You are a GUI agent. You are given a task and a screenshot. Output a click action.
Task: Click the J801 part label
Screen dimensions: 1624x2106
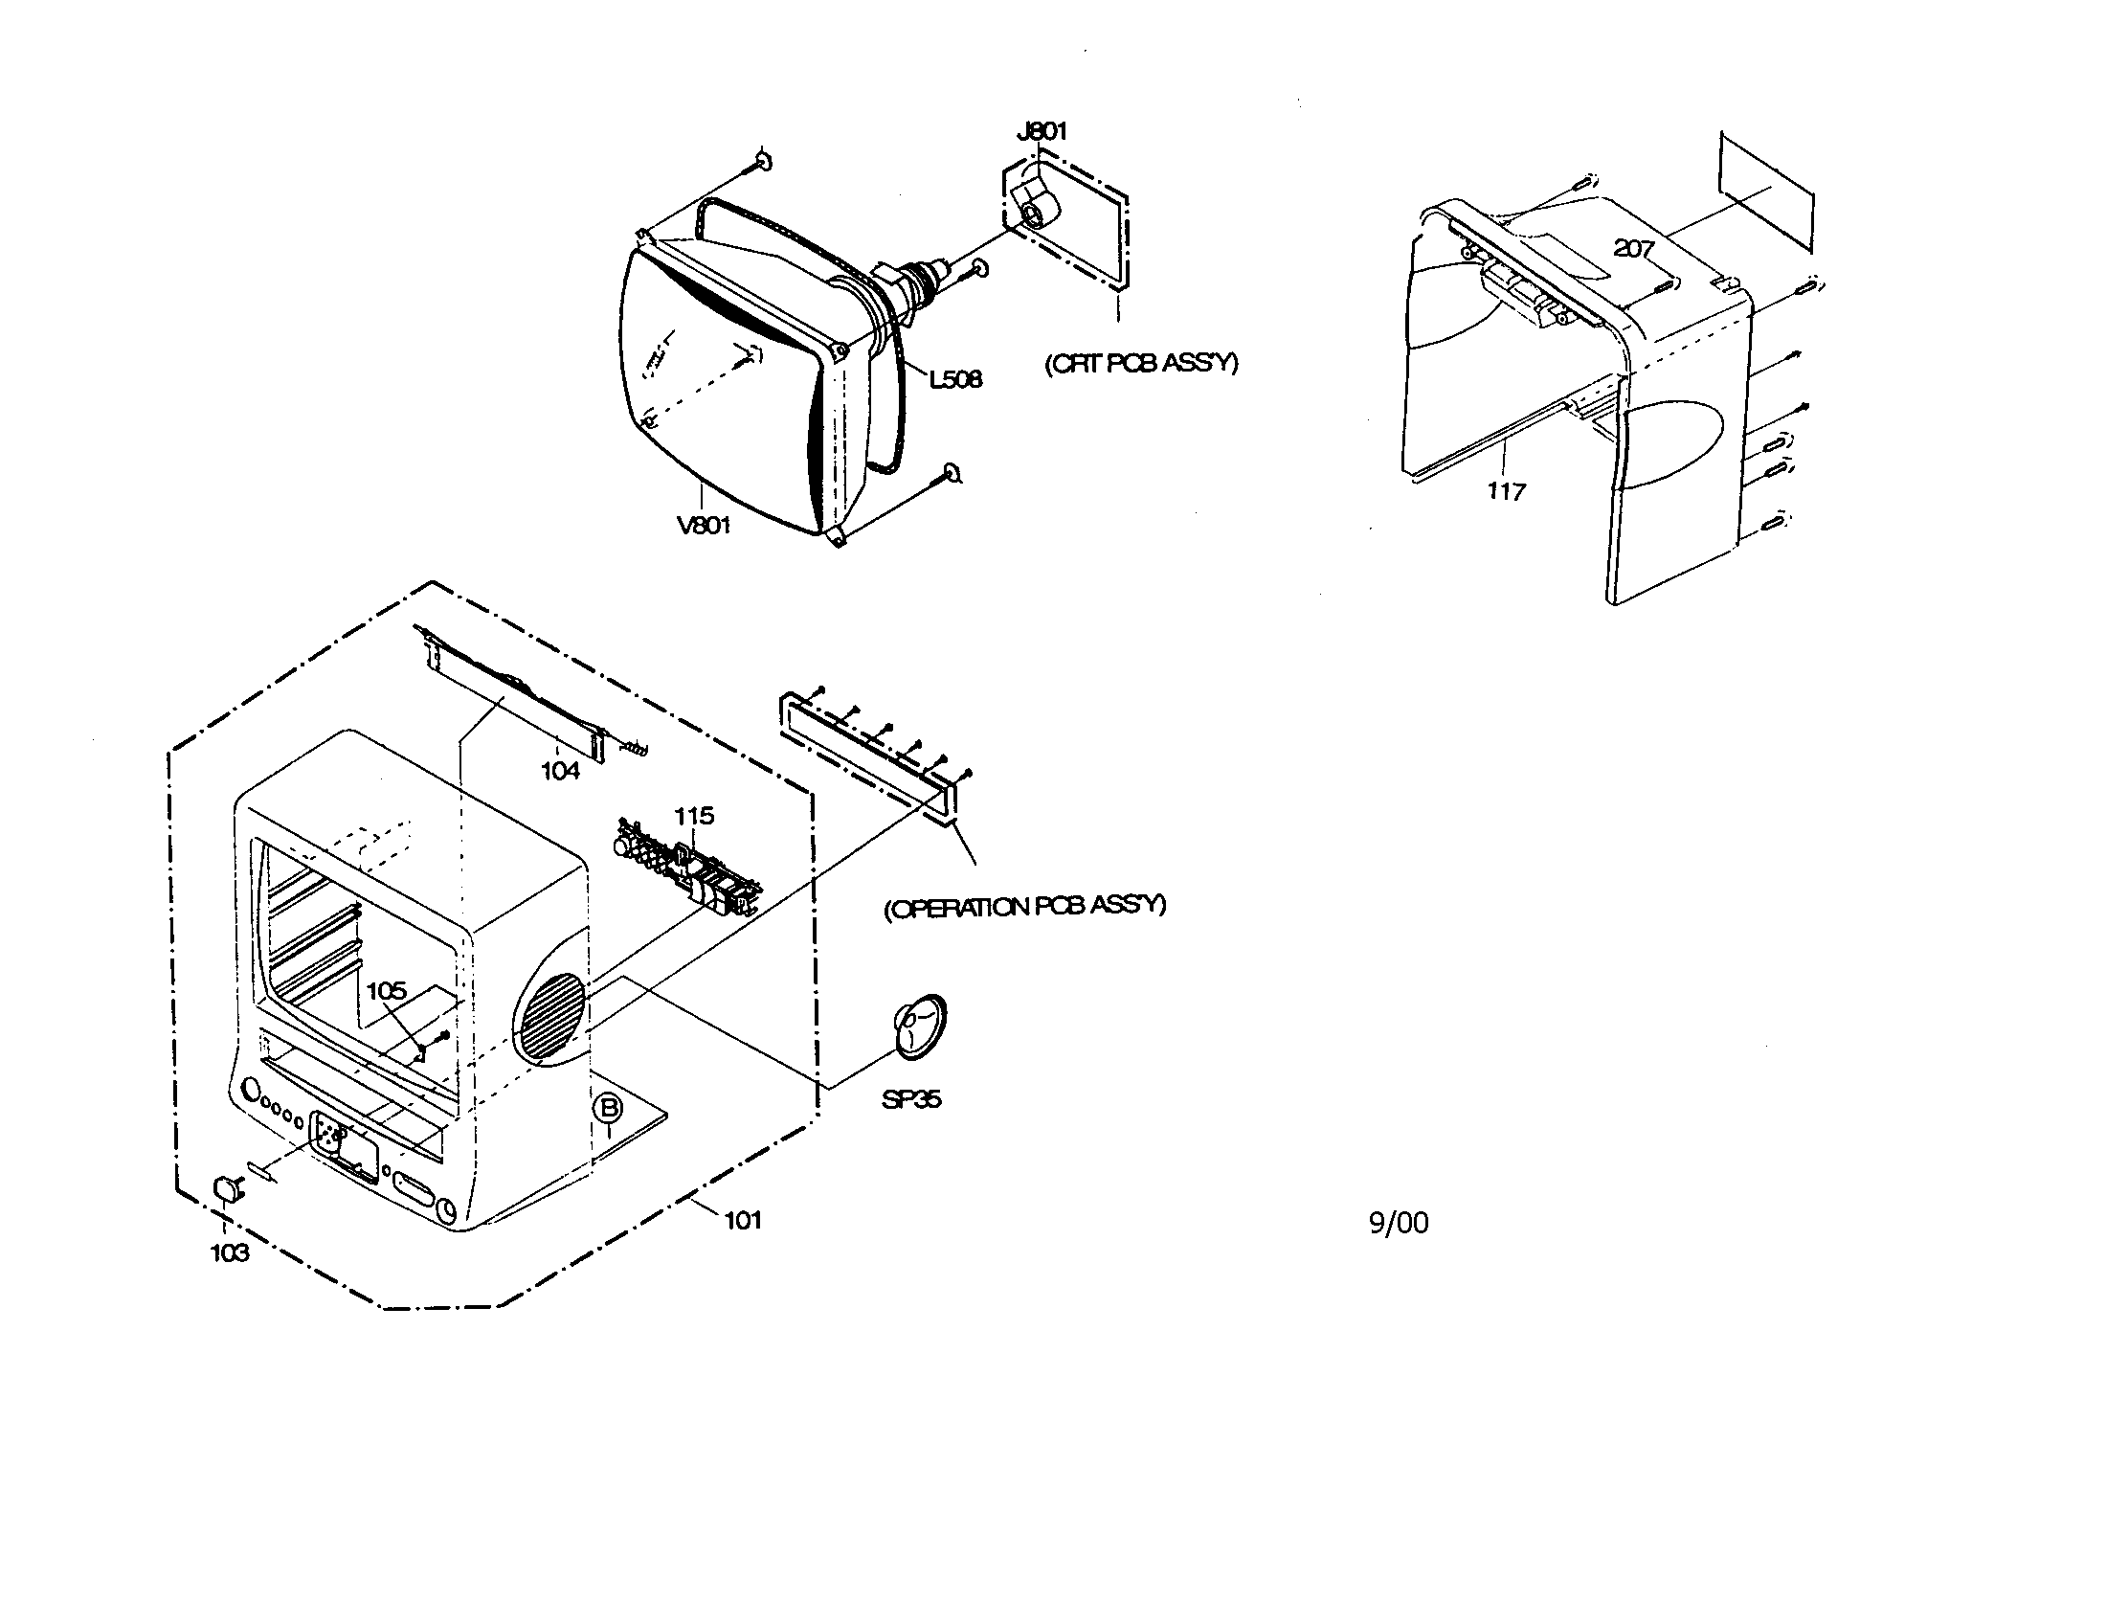pos(1042,131)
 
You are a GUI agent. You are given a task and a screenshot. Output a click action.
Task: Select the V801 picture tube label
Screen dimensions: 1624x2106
pos(703,526)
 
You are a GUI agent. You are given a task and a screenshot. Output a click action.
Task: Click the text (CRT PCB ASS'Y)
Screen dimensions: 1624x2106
pos(1141,363)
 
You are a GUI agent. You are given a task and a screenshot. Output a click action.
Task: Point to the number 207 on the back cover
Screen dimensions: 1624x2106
pos(1633,248)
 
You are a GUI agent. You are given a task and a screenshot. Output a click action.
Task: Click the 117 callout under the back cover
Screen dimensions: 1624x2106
pos(1505,491)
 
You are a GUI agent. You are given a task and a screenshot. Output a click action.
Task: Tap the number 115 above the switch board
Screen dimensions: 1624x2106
pos(693,816)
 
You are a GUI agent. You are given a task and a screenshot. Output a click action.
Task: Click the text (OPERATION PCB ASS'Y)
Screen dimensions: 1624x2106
pos(1024,907)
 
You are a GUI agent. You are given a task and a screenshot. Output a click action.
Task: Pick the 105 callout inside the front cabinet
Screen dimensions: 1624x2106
pos(387,990)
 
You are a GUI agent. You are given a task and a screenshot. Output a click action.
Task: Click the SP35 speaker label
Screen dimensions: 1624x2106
pos(910,1098)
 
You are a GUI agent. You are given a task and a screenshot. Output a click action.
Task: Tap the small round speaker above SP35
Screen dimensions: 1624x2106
pos(918,1026)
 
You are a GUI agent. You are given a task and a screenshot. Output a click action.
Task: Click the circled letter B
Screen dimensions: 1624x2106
pos(609,1108)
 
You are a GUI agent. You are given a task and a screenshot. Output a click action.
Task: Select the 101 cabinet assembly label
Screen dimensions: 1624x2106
pos(743,1220)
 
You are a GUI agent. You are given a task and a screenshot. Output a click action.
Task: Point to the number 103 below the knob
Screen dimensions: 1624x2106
pos(230,1252)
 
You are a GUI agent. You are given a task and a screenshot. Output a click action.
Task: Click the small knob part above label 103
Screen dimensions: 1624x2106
pos(227,1188)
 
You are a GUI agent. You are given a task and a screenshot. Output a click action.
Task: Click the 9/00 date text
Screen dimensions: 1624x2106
pos(1399,1223)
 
